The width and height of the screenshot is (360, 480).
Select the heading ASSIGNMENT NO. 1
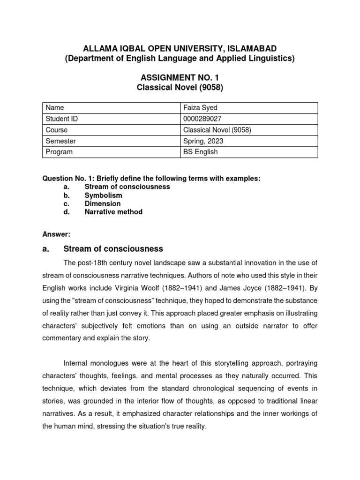[180, 77]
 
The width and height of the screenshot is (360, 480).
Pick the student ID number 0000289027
[202, 119]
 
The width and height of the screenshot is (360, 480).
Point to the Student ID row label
[61, 119]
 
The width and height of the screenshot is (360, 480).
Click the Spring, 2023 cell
[203, 141]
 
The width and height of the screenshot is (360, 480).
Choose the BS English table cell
[200, 152]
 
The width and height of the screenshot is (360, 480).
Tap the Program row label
[59, 152]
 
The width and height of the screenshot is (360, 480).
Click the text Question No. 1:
[68, 179]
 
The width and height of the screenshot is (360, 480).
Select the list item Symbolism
[103, 195]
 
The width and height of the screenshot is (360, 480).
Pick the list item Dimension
[102, 203]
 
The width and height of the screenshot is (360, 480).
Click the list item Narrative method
[113, 212]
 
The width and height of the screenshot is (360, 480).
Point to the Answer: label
[56, 233]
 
